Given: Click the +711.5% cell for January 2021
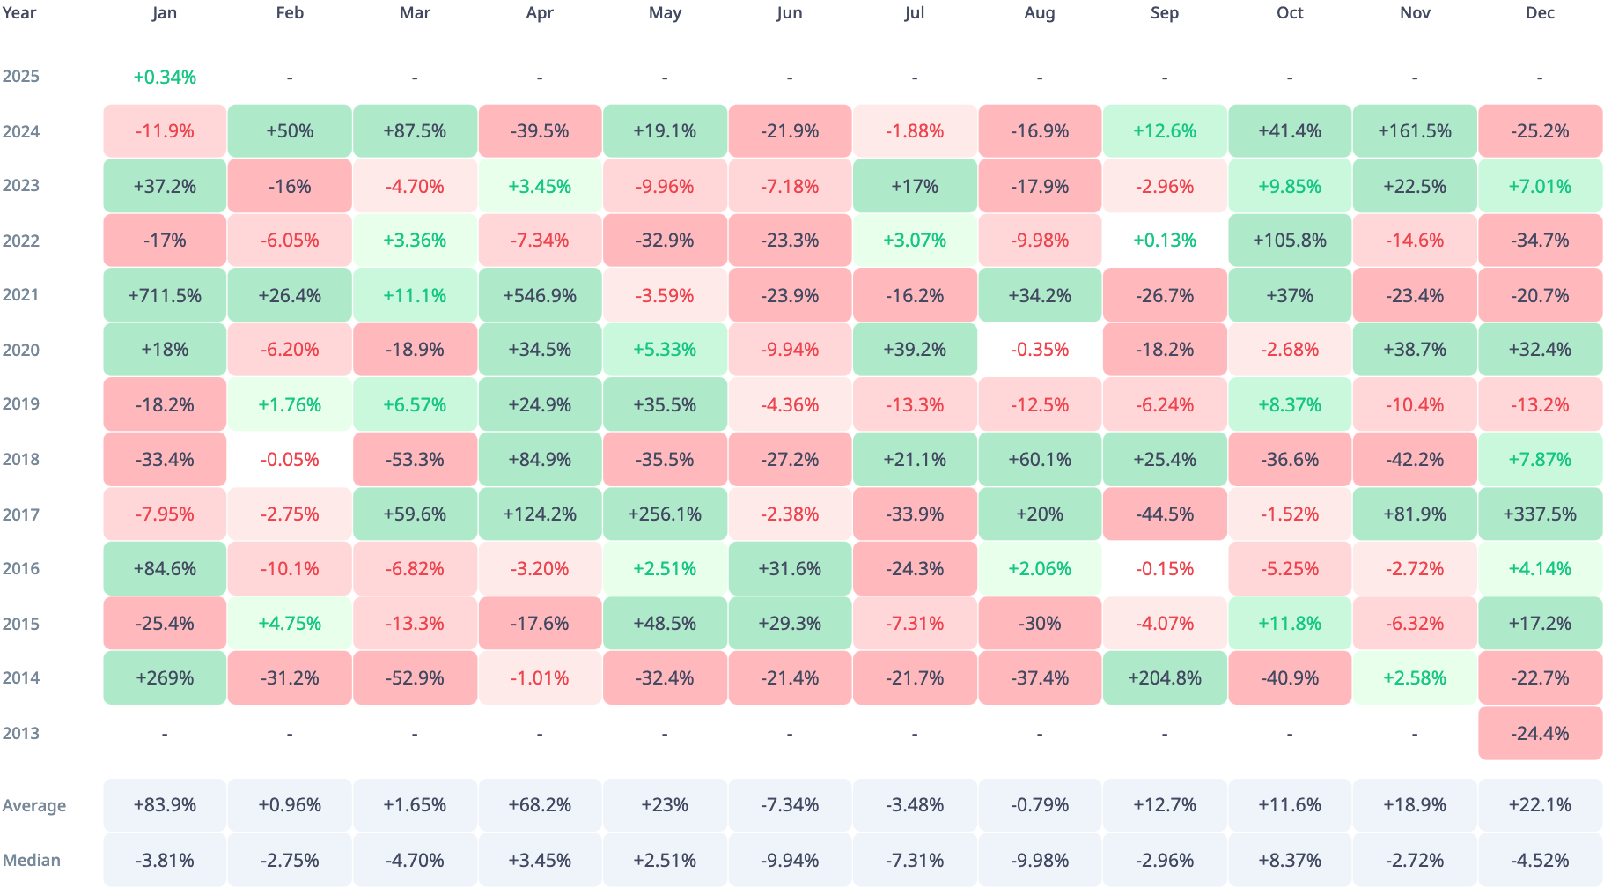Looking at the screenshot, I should click(165, 295).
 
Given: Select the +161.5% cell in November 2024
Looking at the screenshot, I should click(1415, 131).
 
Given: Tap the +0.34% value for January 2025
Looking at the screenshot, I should click(165, 78).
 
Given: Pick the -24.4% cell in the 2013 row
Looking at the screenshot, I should click(1540, 733).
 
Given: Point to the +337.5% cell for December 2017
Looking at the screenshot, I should click(1540, 514).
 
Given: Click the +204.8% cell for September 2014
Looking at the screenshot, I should click(1165, 678).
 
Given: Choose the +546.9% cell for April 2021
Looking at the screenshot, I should click(540, 295).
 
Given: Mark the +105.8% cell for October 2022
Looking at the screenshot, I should click(1290, 240).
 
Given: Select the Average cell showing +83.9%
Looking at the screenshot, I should click(165, 805).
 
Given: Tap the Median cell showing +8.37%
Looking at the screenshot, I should click(1290, 860).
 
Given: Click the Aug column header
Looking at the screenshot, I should click(1040, 13).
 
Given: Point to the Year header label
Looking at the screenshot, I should click(19, 13).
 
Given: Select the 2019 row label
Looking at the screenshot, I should click(21, 404).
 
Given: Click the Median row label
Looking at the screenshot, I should click(32, 860).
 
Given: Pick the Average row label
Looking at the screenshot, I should click(34, 805).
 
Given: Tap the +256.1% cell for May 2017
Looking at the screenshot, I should click(665, 514).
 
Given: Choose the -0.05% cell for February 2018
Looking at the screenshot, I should click(290, 460).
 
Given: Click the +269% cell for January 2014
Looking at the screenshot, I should click(165, 678).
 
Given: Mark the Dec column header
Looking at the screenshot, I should click(1540, 13).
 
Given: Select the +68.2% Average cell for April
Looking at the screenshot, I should click(540, 805).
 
